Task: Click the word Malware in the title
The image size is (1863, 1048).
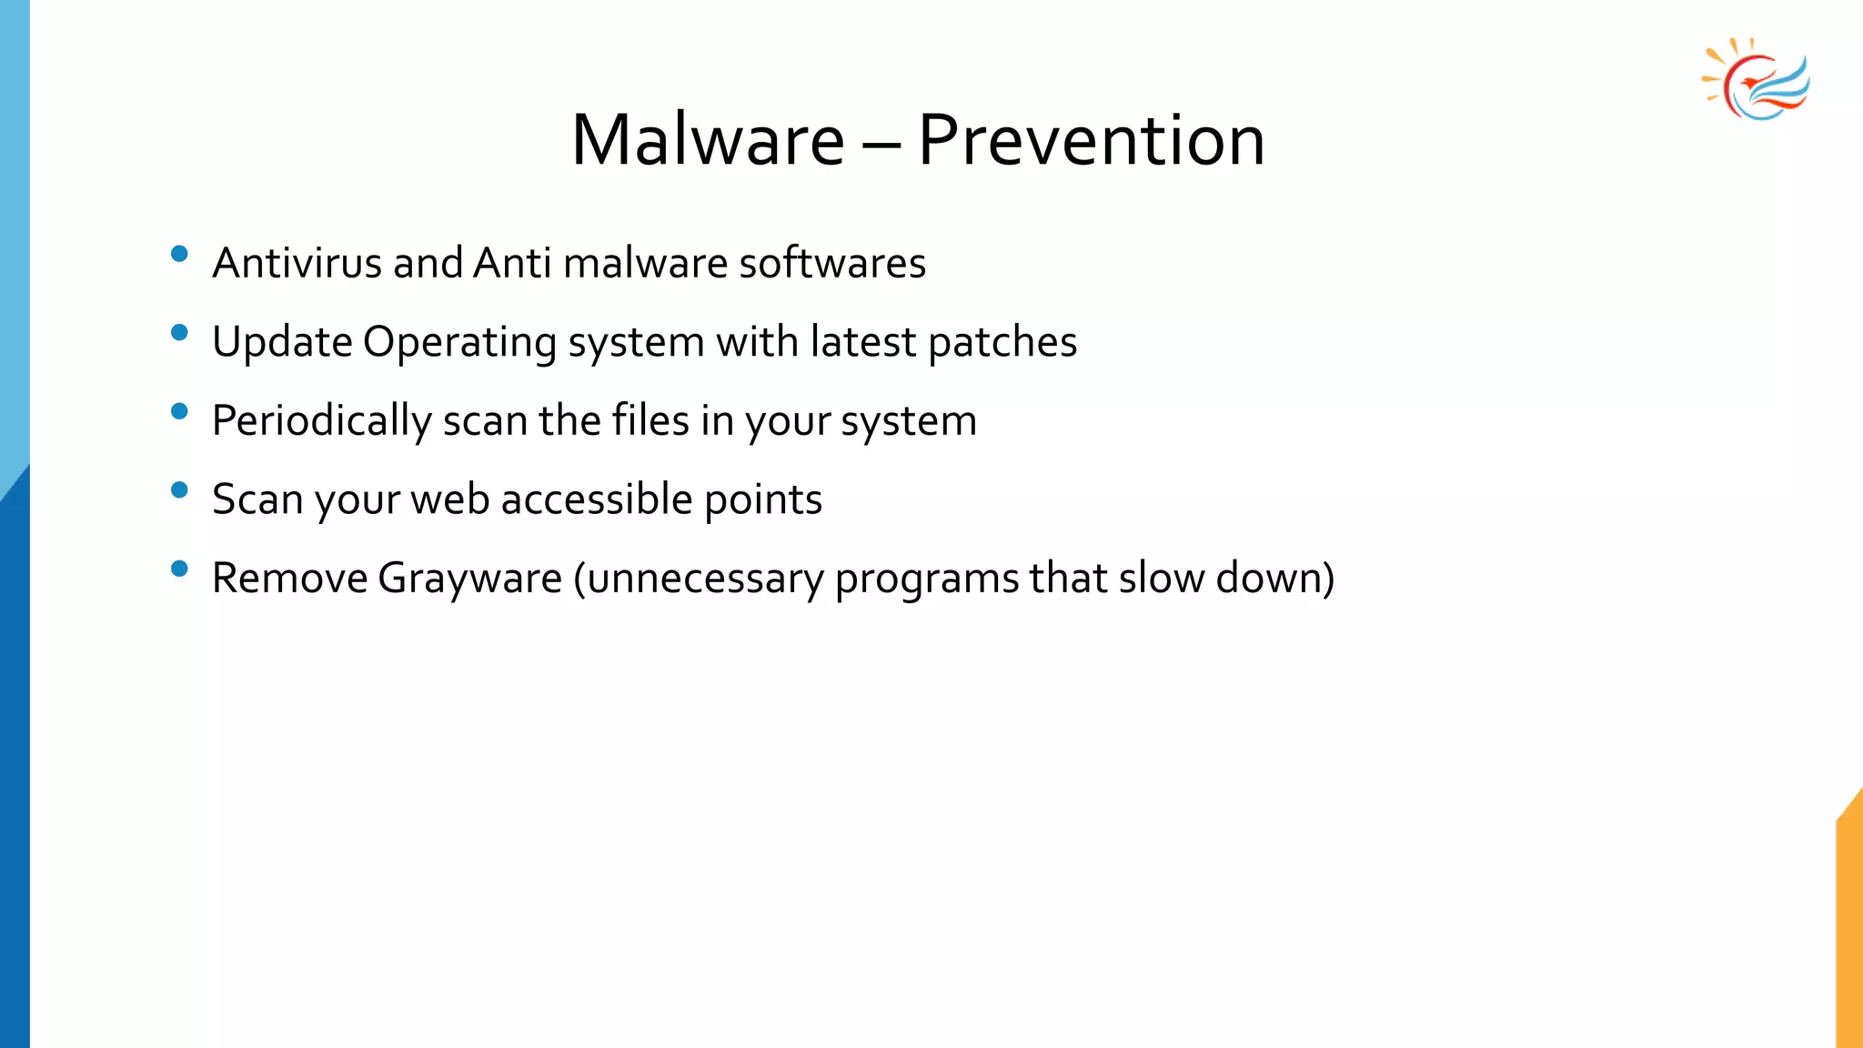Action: [x=708, y=141]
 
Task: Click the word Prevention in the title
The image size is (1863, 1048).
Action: [x=1091, y=141]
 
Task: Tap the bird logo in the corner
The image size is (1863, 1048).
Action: [x=1757, y=80]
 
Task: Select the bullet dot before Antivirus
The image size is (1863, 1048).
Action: [x=179, y=254]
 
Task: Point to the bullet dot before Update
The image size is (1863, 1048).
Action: [x=179, y=333]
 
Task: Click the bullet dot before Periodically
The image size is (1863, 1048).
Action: [x=179, y=412]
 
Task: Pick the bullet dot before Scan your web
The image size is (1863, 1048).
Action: [x=179, y=490]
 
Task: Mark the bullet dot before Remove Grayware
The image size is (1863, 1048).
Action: [x=179, y=569]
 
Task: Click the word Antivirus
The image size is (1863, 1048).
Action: [x=297, y=263]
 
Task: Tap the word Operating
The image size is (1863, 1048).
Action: [x=459, y=344]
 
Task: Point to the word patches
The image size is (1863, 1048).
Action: [x=1002, y=344]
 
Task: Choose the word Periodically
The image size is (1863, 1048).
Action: [x=321, y=422]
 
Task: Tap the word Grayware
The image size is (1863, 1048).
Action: [x=469, y=579]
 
